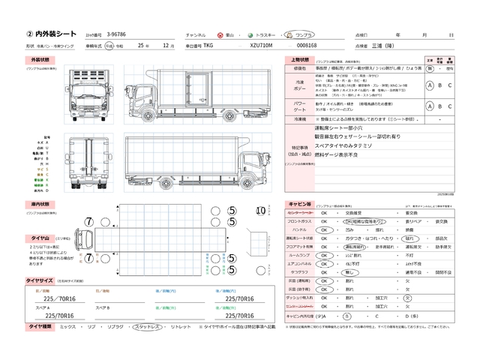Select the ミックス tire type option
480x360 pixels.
click(68, 328)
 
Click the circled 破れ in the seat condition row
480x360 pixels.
click(409, 237)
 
